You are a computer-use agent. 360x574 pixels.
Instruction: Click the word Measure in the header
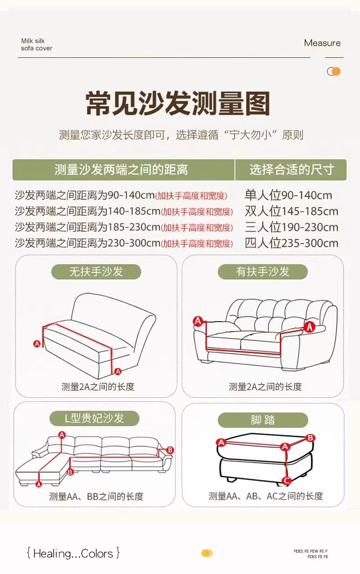tap(322, 43)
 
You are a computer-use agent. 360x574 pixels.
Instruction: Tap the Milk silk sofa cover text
tap(36, 45)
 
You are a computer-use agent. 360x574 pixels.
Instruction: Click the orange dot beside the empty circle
tap(336, 71)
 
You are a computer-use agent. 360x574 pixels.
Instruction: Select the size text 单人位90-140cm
tap(288, 195)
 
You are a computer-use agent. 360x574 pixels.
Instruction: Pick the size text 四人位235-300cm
tap(292, 243)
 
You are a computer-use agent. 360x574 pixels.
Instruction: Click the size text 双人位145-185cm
tap(292, 211)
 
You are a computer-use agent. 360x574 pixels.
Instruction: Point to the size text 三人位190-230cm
tap(292, 227)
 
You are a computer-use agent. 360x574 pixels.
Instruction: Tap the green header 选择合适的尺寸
tap(291, 169)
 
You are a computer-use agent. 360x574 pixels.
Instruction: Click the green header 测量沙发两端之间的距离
tap(123, 169)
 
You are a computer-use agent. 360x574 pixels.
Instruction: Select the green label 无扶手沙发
tap(96, 272)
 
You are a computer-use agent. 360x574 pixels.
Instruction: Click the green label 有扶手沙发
tap(262, 272)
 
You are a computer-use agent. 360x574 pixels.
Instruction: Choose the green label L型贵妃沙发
tap(94, 418)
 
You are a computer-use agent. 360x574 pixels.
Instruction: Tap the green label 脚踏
tap(263, 420)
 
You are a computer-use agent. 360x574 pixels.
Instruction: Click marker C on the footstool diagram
tap(287, 481)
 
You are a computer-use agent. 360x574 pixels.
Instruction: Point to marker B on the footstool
tap(310, 438)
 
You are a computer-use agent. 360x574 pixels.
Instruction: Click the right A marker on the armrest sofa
tap(309, 327)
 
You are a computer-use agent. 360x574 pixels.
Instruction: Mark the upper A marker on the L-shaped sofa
tap(62, 435)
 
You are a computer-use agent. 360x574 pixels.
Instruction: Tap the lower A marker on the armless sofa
tap(118, 371)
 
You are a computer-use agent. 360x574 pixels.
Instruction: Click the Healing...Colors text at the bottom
tap(73, 553)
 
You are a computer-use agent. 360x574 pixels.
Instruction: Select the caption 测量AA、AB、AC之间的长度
tap(265, 497)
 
